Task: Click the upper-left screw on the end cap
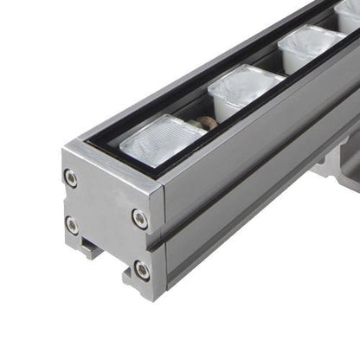coord(71,179)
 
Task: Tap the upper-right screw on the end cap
coord(139,217)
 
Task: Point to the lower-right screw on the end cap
coord(140,269)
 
